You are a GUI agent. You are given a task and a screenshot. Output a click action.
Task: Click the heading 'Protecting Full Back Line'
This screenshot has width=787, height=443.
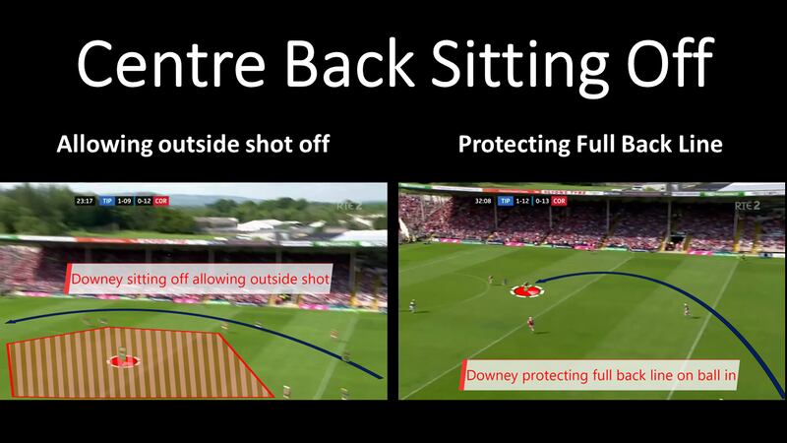point(591,146)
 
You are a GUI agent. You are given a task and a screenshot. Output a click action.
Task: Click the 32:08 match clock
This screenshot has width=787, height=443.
point(483,200)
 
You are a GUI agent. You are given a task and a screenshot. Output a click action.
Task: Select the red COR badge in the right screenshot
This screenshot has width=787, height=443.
point(558,200)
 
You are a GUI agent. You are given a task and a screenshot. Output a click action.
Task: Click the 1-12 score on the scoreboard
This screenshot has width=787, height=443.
point(522,200)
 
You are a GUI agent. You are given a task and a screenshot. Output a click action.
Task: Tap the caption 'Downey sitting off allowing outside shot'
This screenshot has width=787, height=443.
point(197,281)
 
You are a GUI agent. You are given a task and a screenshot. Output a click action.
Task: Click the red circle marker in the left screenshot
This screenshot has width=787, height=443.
point(124,361)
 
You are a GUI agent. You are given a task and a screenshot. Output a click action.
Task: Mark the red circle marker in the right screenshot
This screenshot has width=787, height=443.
point(525,290)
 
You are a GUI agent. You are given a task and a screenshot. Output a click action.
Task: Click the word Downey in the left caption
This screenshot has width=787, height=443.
point(96,281)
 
